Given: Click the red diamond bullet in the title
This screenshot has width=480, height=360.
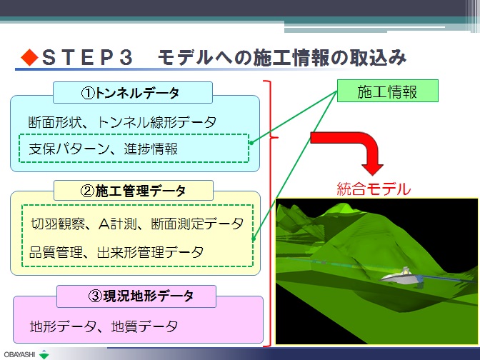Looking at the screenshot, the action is click(30, 58).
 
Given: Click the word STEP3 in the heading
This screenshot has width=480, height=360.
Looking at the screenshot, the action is click(87, 58).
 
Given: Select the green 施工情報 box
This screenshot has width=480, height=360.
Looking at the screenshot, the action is click(388, 91).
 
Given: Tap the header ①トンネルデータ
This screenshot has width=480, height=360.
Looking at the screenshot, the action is click(133, 92).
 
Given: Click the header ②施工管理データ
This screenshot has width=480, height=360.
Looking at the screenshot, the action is click(134, 191).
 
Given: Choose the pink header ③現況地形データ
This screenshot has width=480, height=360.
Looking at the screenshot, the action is click(136, 296).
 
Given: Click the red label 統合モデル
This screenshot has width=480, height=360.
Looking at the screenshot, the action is click(374, 189).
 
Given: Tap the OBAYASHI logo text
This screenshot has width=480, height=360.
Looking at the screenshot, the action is click(19, 354).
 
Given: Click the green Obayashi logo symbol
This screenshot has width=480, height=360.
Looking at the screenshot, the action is click(45, 354).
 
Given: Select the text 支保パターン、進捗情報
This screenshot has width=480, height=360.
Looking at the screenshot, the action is click(103, 149).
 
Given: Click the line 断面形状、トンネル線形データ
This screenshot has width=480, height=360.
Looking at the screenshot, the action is click(122, 122).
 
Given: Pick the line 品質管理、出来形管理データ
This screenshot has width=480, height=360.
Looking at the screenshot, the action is click(116, 253).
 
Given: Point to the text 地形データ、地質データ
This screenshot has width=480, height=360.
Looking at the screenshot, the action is click(104, 326).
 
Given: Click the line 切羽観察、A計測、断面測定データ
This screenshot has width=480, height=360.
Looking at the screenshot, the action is click(137, 224).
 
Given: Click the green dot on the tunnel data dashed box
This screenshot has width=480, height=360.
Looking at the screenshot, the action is click(251, 143).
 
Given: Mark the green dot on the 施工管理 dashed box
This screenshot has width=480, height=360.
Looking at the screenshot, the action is click(253, 239).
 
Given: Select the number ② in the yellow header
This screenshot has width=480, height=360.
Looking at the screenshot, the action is click(87, 191).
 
